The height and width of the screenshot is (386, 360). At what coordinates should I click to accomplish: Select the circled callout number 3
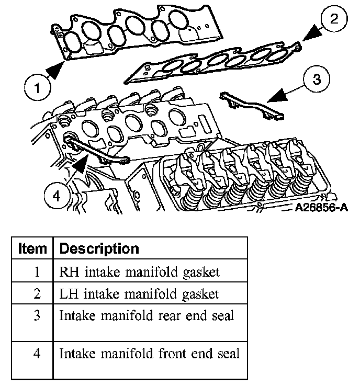click(x=316, y=80)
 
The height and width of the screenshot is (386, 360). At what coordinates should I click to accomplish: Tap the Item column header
click(x=32, y=248)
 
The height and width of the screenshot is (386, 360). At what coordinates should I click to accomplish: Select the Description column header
click(x=99, y=248)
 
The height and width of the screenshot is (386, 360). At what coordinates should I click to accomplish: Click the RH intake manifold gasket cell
click(x=140, y=272)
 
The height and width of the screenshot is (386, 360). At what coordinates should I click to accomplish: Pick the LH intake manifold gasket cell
click(x=139, y=294)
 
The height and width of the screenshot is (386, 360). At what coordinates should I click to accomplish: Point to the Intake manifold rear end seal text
click(x=147, y=316)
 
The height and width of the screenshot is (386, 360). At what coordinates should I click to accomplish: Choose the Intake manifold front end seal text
click(x=149, y=354)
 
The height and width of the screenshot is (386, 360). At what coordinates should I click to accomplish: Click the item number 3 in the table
click(x=37, y=316)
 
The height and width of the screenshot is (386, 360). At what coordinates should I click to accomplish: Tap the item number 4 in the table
click(x=37, y=354)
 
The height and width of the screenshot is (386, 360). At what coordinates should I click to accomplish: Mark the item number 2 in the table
click(x=37, y=294)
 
